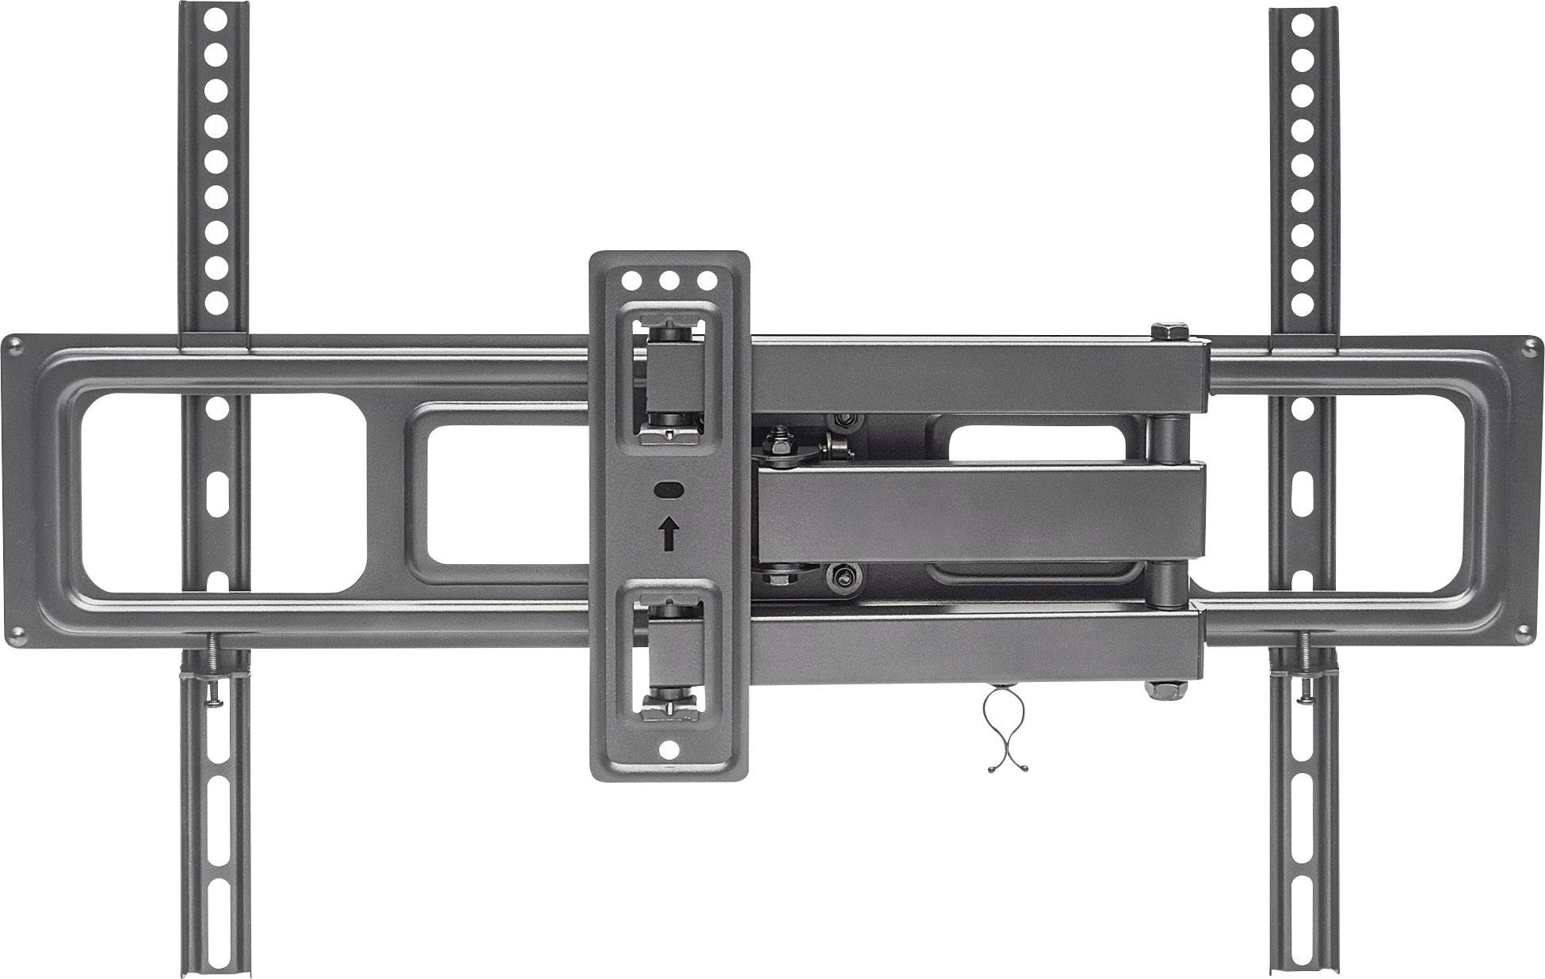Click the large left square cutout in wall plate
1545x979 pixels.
223,492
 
